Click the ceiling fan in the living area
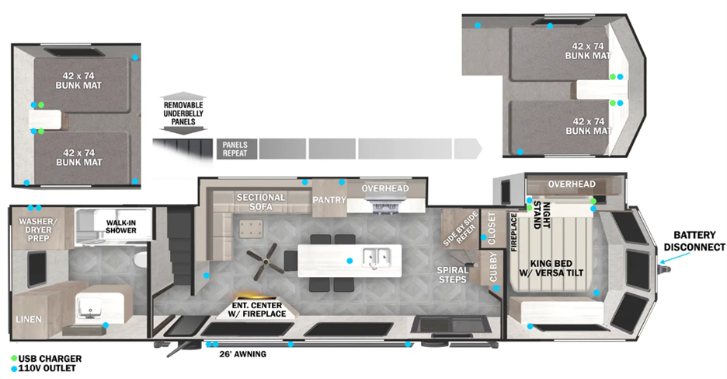[265, 262]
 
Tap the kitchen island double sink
[377, 256]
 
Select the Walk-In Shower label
[121, 226]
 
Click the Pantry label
[329, 200]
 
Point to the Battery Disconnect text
[694, 241]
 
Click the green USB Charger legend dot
[15, 359]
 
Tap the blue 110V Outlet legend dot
[15, 369]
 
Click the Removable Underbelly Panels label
[183, 113]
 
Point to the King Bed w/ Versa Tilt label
[551, 268]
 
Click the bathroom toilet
[140, 260]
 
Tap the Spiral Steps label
[453, 275]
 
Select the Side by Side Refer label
[460, 229]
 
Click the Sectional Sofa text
[261, 202]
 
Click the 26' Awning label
[242, 354]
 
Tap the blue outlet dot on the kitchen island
[350, 261]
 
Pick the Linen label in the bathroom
[29, 319]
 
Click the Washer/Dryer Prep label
[38, 230]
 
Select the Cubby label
[493, 267]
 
